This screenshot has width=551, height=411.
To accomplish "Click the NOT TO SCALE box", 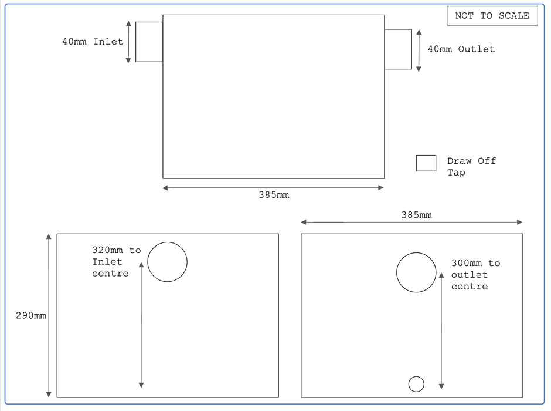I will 492,16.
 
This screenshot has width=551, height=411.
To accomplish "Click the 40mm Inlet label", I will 93,42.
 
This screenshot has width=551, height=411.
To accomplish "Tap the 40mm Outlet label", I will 461,49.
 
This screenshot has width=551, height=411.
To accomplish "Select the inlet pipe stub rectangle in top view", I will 149,42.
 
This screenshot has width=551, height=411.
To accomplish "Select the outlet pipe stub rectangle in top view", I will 398,49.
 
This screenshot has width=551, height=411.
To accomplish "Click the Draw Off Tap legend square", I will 426,163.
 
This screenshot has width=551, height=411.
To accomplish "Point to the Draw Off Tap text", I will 471,167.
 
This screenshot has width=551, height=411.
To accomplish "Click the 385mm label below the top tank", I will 274,195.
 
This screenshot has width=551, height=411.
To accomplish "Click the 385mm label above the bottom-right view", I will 416,215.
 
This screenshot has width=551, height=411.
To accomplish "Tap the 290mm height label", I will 30,316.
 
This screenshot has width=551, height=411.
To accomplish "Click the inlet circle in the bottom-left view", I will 167,262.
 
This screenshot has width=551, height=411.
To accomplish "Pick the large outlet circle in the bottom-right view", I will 416,272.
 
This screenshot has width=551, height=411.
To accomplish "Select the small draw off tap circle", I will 416,384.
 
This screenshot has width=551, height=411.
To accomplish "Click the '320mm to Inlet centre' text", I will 116,262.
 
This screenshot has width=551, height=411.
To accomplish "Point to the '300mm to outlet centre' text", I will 475,275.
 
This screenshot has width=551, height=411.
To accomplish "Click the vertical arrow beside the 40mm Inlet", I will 128,42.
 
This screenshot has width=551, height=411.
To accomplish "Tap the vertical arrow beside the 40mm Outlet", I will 419,50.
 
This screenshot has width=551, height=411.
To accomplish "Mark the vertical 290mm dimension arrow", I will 49,316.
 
